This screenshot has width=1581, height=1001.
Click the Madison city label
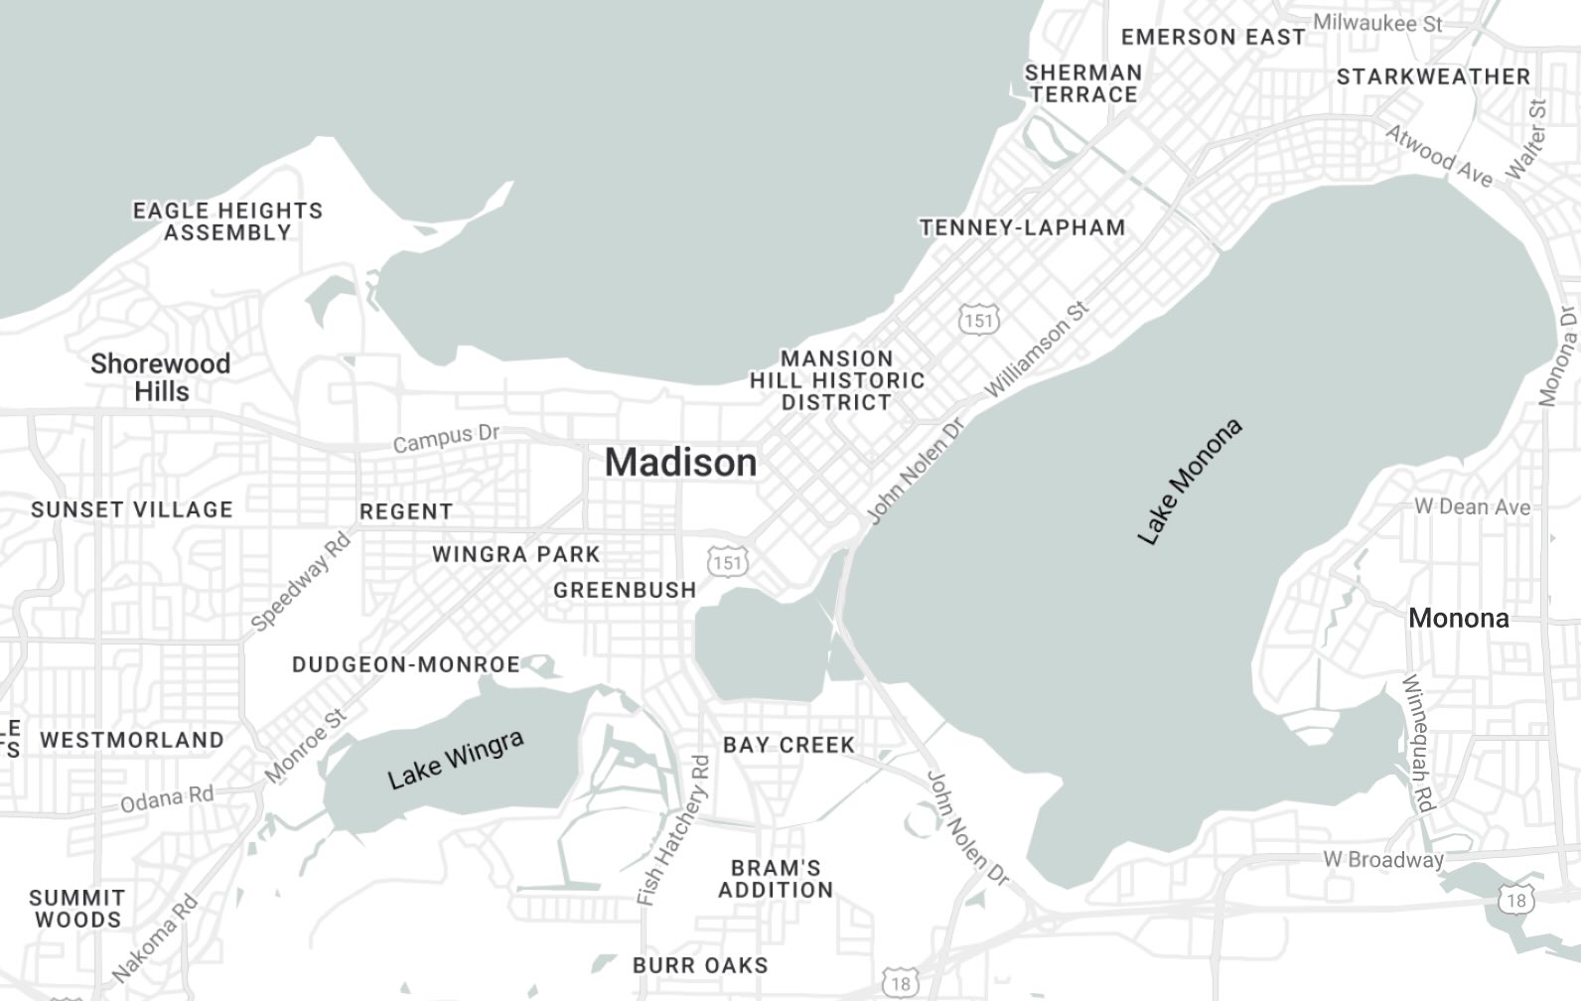680,463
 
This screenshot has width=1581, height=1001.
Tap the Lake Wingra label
456,760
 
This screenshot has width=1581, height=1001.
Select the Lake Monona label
1190,483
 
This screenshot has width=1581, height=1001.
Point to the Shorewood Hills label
160,377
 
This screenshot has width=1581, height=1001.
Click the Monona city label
1458,618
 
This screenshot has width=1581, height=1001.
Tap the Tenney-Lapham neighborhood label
1022,227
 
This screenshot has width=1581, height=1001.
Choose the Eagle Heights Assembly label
227,221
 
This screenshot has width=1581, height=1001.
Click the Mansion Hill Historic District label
836,380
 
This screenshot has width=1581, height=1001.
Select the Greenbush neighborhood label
625,590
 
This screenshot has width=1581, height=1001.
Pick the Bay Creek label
789,745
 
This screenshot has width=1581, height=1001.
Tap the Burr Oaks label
700,965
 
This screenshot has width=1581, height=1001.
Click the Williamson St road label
1037,350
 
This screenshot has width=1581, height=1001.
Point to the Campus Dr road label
446,438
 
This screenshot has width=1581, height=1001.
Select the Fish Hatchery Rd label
674,830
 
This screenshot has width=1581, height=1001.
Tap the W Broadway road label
1382,859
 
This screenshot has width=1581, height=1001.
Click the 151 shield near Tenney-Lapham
978,320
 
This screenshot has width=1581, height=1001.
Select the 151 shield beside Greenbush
727,563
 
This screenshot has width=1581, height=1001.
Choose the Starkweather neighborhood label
1432,76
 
